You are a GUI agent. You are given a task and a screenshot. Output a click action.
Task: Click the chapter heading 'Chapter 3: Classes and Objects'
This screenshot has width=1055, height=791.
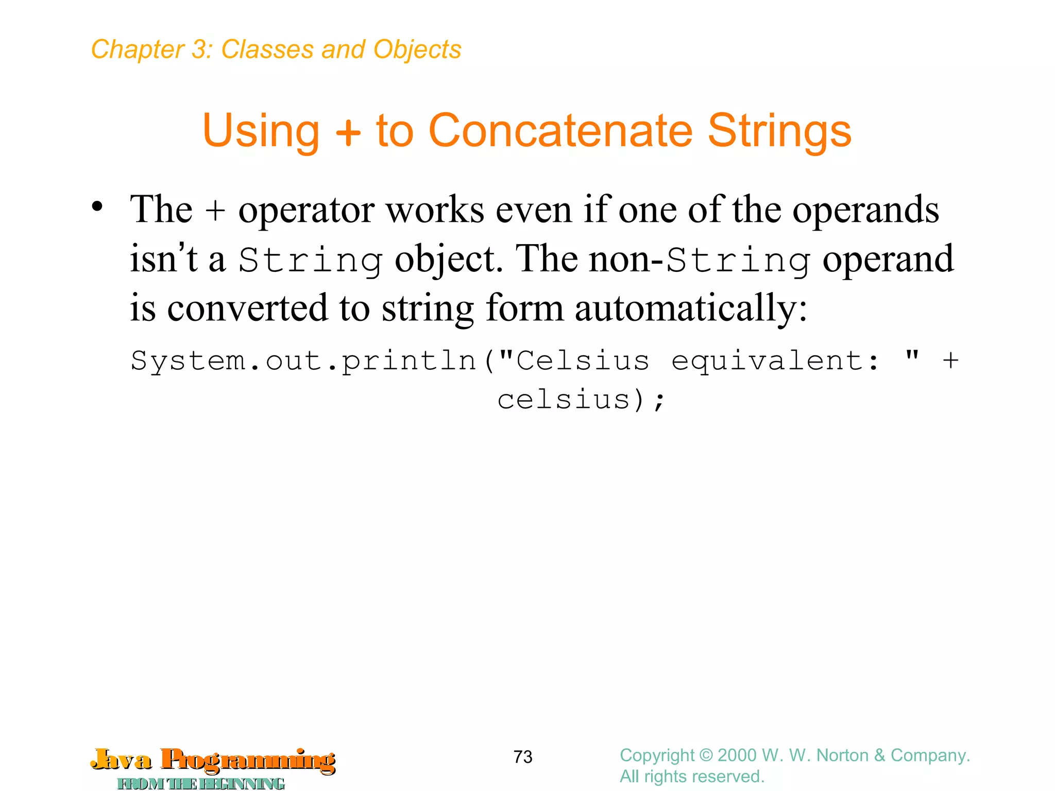pos(276,50)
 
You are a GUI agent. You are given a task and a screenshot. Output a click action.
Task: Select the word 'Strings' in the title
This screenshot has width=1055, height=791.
pos(779,131)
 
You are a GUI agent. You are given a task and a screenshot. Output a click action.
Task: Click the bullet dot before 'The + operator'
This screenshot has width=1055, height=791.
pos(97,207)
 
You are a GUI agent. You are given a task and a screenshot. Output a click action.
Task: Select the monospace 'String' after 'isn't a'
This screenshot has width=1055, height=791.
pos(311,261)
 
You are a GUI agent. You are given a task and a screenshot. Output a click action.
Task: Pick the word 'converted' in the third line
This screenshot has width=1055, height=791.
pos(248,308)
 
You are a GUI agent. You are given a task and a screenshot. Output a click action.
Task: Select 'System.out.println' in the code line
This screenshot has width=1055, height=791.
pos(304,360)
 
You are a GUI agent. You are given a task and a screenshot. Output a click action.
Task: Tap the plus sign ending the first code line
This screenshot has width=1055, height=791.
pos(950,360)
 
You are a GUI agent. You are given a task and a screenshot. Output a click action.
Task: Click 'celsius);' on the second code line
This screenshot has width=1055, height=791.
pos(582,400)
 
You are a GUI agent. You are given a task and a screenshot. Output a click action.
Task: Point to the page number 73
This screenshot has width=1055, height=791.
pos(523,757)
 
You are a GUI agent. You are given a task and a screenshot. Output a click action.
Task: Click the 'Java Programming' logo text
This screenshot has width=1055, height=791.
pos(213,760)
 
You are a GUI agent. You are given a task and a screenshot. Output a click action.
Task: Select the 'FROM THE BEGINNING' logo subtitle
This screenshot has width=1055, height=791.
pos(201,784)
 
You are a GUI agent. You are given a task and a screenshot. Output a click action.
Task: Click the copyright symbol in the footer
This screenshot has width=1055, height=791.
pos(706,755)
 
